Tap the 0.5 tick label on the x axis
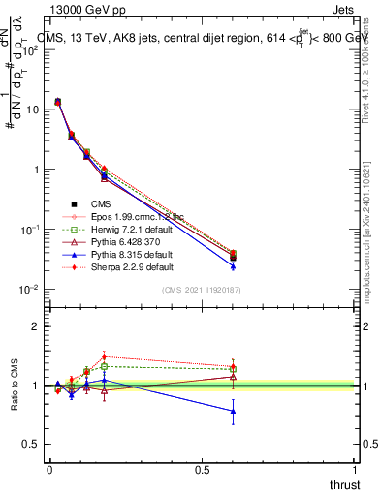(202, 470)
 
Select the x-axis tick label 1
(355, 470)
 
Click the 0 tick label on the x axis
(49, 470)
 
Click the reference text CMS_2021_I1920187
(202, 291)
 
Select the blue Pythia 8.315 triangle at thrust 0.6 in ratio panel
(233, 411)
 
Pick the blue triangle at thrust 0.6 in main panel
(233, 266)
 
